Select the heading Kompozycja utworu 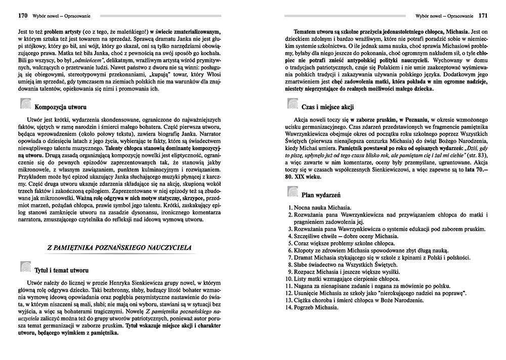(61, 107)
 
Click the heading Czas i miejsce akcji (327, 107)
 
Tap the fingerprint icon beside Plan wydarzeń (292, 192)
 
